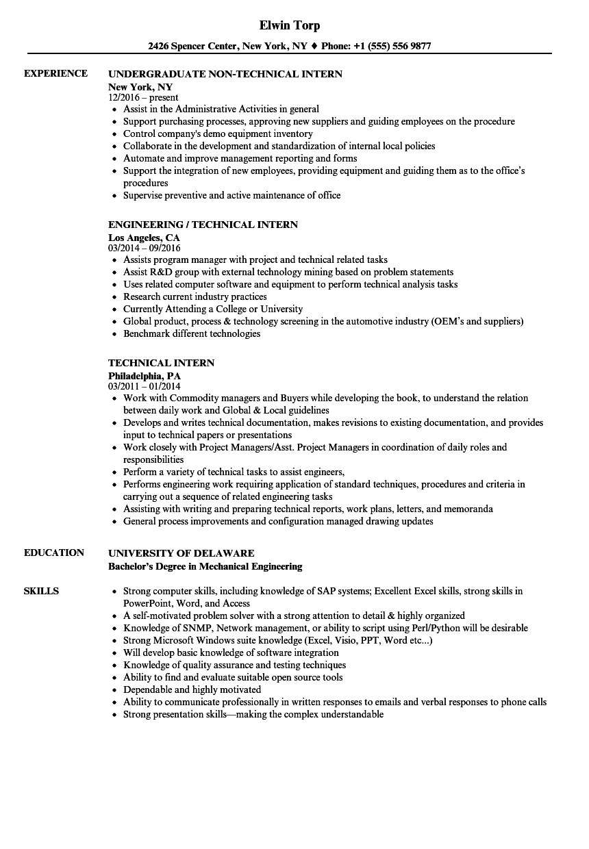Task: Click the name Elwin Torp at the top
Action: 290,26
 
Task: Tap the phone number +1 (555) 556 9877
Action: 392,47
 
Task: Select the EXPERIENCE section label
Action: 55,73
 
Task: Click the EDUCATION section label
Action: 54,553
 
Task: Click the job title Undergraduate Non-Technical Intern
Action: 225,74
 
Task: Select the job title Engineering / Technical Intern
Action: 203,225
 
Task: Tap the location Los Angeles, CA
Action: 144,238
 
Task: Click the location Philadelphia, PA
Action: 144,376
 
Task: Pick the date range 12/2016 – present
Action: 143,97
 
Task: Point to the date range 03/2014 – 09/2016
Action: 145,248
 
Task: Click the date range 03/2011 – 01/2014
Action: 145,386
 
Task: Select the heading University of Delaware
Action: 181,553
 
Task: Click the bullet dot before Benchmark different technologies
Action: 114,334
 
